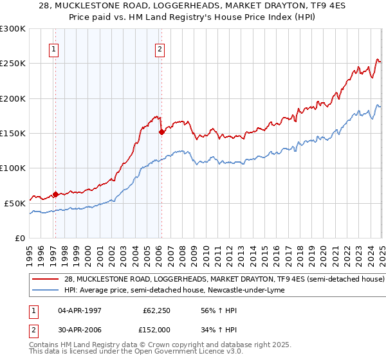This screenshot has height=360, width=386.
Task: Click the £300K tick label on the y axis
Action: click(x=13, y=29)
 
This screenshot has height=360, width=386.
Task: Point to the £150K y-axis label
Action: click(x=13, y=134)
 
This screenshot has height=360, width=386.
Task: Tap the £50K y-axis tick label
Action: click(x=15, y=203)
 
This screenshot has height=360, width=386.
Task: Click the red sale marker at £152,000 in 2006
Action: click(x=161, y=132)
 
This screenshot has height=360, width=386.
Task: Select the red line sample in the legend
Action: click(x=45, y=280)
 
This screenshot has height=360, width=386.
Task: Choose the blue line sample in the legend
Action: click(x=45, y=290)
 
